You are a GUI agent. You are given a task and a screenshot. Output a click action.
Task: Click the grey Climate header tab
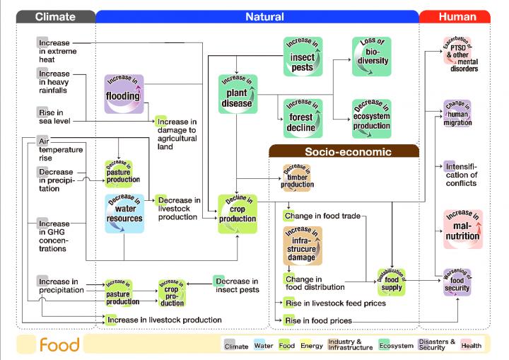click(55, 16)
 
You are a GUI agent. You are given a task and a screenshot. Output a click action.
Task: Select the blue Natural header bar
click(264, 16)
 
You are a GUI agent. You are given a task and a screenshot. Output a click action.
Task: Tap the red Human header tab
click(457, 16)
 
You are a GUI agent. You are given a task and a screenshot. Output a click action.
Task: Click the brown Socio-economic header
click(344, 151)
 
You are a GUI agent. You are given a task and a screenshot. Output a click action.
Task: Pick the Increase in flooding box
click(124, 93)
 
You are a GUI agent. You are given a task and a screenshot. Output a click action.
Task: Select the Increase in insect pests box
click(303, 57)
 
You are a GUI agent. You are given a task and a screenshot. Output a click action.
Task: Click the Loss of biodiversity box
click(371, 57)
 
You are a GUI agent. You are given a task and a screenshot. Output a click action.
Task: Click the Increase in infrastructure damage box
click(303, 245)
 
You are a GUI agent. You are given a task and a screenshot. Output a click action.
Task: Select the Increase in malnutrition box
click(462, 229)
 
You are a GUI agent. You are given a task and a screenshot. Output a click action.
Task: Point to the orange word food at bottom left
click(59, 345)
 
